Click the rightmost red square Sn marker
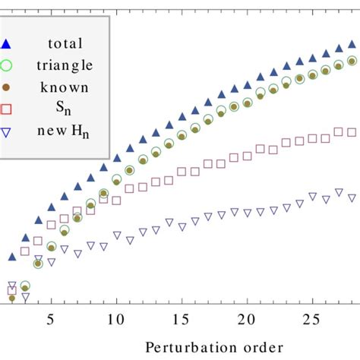(x=351, y=131)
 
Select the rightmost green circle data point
(x=351, y=61)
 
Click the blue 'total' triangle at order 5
(x=51, y=207)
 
